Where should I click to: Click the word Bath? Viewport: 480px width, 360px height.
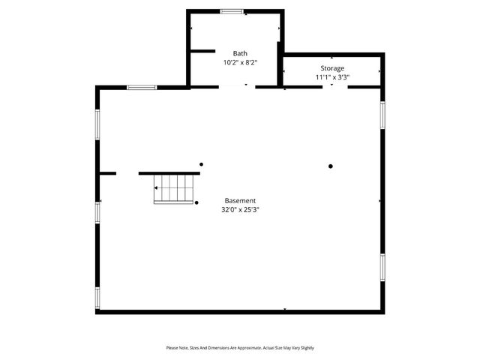[240, 53]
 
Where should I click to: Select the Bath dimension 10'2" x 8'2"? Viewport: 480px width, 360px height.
[240, 63]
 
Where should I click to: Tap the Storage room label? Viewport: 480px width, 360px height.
[333, 68]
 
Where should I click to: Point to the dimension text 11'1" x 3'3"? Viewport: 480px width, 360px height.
[333, 77]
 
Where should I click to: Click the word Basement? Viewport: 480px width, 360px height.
[240, 201]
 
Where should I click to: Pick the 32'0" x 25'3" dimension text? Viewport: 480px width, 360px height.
[240, 211]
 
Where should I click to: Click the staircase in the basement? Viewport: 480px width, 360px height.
[174, 188]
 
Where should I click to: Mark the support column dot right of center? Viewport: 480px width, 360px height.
[330, 166]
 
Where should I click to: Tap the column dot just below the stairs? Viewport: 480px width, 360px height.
[196, 202]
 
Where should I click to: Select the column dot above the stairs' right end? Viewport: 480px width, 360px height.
[201, 164]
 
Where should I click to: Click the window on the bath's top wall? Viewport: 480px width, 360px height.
[232, 11]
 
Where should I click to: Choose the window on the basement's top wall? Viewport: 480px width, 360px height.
[142, 88]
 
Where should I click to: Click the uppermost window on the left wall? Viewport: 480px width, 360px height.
[97, 124]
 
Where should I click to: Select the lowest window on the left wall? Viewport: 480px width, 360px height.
[97, 298]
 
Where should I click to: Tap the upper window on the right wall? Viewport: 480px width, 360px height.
[382, 114]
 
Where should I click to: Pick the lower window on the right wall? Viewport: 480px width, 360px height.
[382, 266]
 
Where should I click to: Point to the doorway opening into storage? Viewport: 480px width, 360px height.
[335, 87]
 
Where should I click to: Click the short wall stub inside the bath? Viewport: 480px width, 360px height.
[202, 51]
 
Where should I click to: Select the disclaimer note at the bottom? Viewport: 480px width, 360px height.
[240, 348]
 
